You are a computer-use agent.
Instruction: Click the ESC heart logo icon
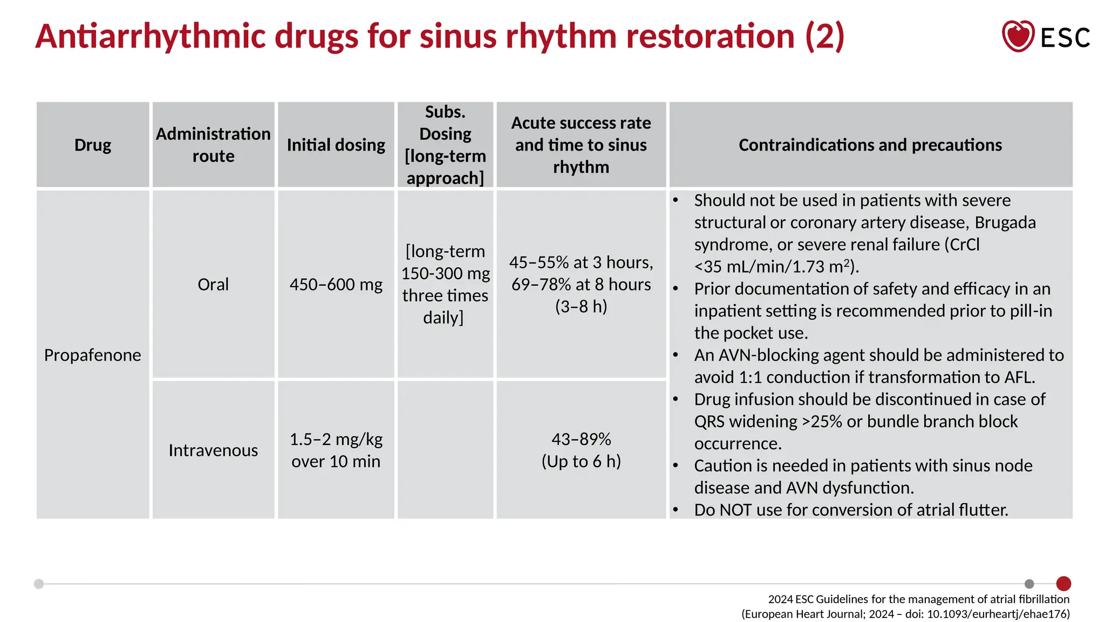1018,36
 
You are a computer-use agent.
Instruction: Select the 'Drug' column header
93,145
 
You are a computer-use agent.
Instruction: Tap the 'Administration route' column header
213,145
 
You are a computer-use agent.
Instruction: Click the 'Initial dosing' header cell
336,145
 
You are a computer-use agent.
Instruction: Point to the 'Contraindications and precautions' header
870,145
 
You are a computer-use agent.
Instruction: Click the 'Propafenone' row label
92,355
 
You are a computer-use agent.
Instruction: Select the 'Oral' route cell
213,284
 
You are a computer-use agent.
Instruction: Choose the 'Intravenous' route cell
213,450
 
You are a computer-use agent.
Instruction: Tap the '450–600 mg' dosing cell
336,284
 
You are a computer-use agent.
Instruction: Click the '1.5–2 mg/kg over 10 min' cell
336,450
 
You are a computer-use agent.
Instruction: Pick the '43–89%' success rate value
581,439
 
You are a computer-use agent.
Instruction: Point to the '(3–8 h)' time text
581,306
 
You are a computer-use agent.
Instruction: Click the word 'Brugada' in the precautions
1005,222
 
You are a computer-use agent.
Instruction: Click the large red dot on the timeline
1063,584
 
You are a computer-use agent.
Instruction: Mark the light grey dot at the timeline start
39,584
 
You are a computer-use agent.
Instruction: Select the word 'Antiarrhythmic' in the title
151,36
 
